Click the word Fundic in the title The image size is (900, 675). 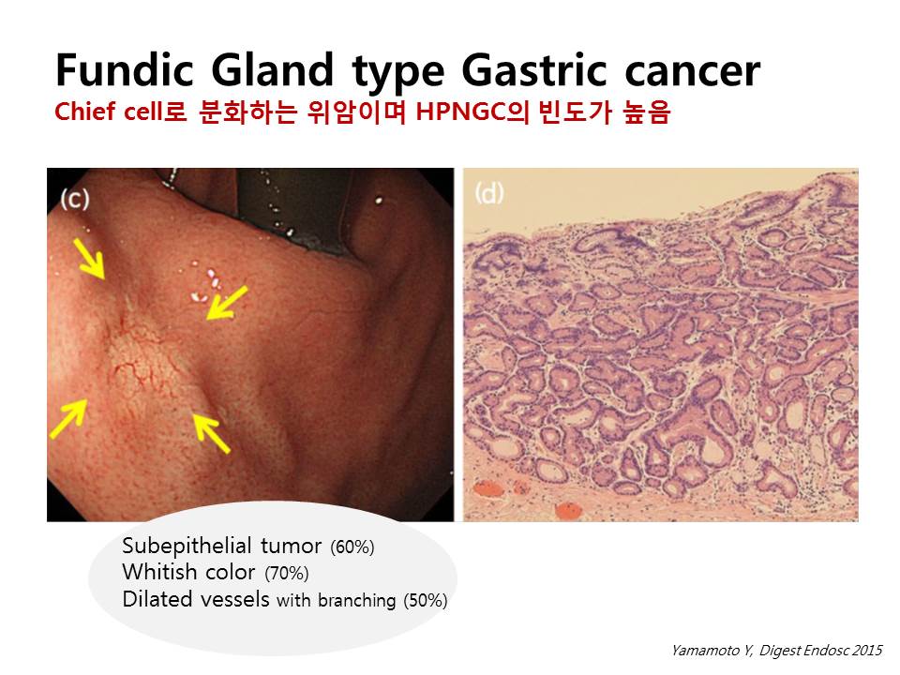125,70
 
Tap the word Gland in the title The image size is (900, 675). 272,70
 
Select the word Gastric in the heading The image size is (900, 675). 533,70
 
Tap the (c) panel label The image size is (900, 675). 75,199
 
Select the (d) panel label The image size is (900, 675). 489,193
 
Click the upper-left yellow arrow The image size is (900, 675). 89,259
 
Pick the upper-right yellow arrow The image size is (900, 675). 227,302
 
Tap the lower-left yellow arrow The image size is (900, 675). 68,418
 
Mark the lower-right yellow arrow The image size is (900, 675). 211,432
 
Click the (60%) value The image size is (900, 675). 352,547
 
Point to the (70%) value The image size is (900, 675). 287,574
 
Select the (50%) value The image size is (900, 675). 426,600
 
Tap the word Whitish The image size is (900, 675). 157,572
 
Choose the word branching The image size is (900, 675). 356,600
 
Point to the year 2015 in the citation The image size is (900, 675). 867,651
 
